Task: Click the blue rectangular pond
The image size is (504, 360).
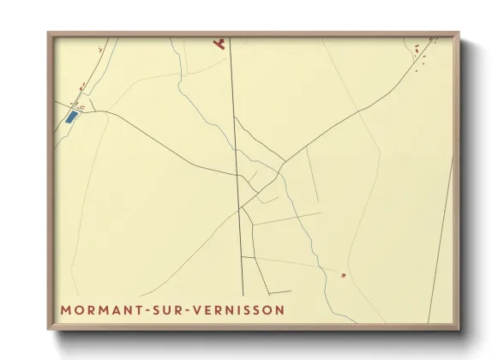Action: coord(72,116)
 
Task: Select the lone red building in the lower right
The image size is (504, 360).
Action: coord(343,275)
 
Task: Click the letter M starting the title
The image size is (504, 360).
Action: coord(65,308)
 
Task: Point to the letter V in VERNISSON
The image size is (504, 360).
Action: coord(205,308)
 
